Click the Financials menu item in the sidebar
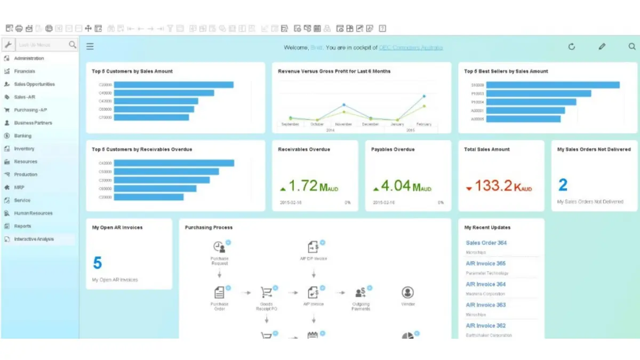pos(25,71)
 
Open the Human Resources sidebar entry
pos(33,213)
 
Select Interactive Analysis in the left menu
pos(34,239)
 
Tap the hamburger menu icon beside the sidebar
pos(90,47)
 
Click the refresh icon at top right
pos(572,47)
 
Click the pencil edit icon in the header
pos(602,47)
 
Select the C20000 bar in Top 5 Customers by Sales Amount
pos(174,85)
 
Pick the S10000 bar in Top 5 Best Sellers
pos(553,85)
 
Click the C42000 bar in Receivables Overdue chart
pos(174,163)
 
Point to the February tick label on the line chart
pos(424,124)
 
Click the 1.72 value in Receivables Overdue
pos(303,186)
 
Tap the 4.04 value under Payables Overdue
pos(396,186)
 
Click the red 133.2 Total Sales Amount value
pos(493,186)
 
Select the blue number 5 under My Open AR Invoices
pos(98,263)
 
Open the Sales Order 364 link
pos(486,243)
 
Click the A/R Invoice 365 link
pos(485,263)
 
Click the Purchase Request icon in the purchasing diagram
pos(219,247)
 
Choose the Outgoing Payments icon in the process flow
pos(361,292)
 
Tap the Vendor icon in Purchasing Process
pos(407,292)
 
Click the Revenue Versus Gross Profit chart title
pos(334,71)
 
